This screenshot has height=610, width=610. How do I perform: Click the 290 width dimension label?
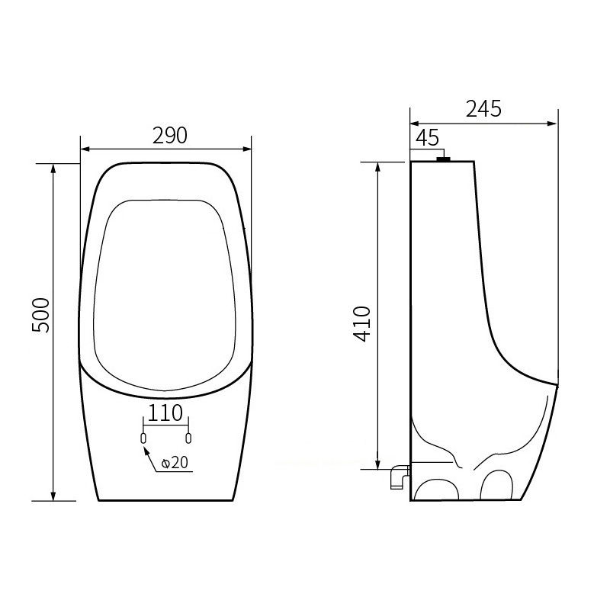click(169, 135)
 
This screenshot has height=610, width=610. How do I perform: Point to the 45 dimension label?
click(428, 137)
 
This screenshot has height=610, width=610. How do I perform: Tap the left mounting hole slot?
click(143, 438)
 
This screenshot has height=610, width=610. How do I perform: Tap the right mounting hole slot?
click(188, 438)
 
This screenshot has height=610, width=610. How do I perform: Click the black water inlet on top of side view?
click(443, 159)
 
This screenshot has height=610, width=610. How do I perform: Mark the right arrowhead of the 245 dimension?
click(553, 123)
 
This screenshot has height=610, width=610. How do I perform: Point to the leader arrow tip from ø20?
click(145, 448)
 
